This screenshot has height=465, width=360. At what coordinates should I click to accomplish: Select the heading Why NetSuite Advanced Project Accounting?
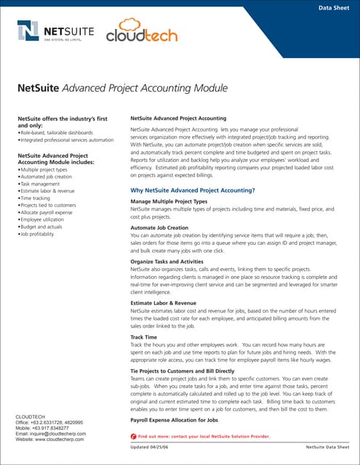point(192,190)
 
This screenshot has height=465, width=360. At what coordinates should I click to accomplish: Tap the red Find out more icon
point(133,435)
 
